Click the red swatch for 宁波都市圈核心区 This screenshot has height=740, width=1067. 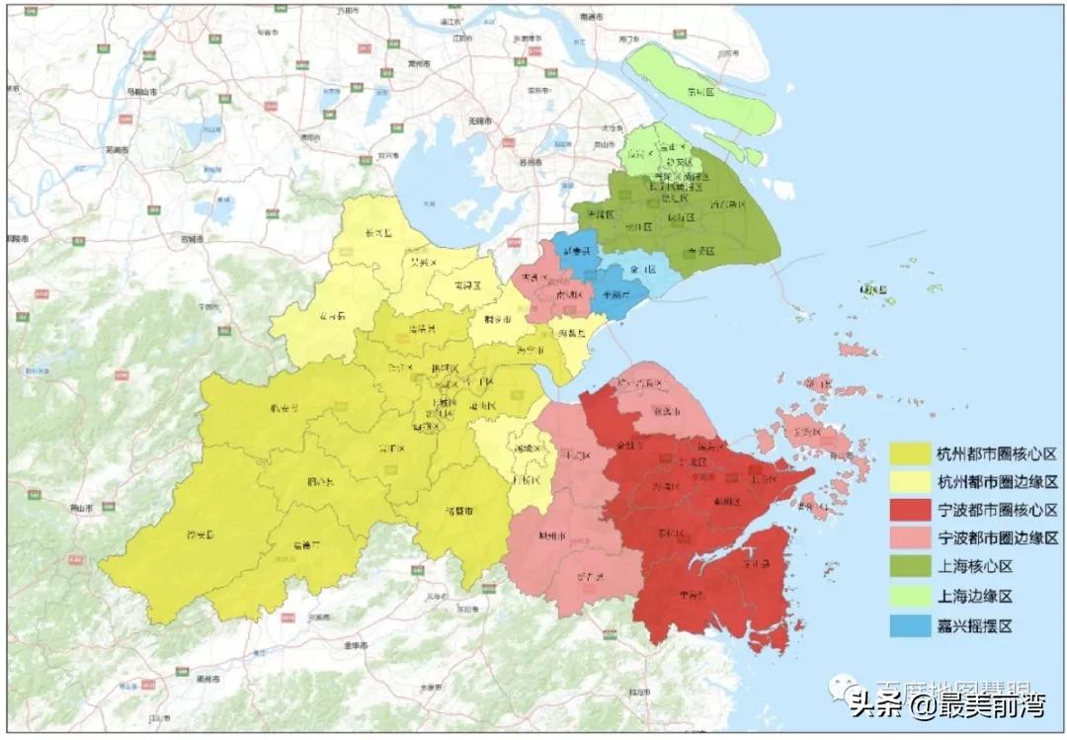pyautogui.click(x=910, y=510)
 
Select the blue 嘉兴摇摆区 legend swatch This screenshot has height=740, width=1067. pyautogui.click(x=910, y=625)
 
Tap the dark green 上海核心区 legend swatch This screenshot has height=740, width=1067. pyautogui.click(x=910, y=567)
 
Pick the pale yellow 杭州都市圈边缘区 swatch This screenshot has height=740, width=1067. pyautogui.click(x=910, y=482)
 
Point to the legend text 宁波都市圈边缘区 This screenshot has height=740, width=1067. pyautogui.click(x=997, y=538)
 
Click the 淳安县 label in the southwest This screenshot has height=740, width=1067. pyautogui.click(x=201, y=535)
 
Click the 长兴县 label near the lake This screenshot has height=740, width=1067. pyautogui.click(x=379, y=234)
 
